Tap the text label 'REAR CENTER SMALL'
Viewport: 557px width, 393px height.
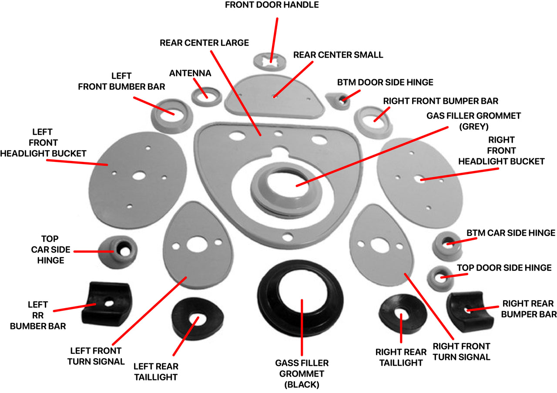[x=338, y=55]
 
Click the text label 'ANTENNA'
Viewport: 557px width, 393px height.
[x=190, y=73]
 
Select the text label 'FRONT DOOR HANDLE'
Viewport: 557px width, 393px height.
[x=278, y=5]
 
